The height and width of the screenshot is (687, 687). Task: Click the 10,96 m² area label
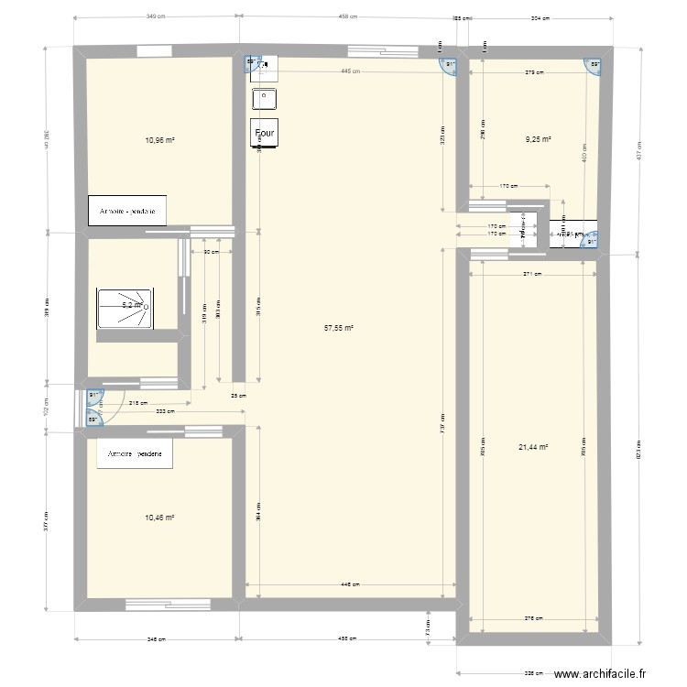tap(159, 140)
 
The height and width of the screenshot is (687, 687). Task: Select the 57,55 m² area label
tap(340, 325)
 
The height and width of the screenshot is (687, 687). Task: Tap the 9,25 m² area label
tap(538, 140)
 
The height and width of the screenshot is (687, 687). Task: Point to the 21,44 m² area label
tap(532, 447)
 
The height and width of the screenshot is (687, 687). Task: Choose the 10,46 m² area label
tap(159, 518)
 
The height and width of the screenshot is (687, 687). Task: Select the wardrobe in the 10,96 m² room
tap(127, 211)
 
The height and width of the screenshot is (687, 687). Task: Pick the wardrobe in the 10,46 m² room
tap(135, 454)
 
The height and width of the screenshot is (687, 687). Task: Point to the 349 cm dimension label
tap(156, 16)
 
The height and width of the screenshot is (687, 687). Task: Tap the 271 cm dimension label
tap(533, 273)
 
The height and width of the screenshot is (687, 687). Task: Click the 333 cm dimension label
tap(166, 412)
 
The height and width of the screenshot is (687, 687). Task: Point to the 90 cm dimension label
tap(211, 252)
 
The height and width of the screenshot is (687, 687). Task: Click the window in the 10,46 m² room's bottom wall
tap(169, 604)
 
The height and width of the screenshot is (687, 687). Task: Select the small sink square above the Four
tap(265, 95)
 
